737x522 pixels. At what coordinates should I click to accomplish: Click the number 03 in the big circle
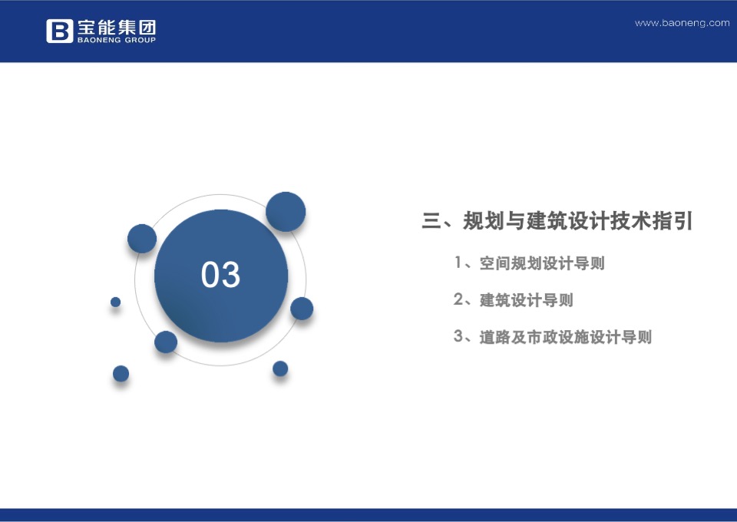[x=220, y=275]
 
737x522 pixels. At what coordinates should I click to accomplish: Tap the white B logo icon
[x=59, y=31]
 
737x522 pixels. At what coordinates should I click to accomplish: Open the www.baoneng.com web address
[x=682, y=23]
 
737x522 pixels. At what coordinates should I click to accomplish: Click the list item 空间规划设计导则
[x=542, y=263]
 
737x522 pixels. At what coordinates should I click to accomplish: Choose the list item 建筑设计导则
[x=527, y=300]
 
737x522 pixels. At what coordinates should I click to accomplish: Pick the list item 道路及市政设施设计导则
[x=565, y=337]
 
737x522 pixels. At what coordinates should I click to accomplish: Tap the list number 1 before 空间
[x=458, y=263]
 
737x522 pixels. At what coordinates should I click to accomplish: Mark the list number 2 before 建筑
[x=458, y=300]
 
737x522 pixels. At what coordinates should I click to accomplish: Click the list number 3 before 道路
[x=458, y=337]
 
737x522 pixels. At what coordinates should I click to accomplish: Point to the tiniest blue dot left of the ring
[x=116, y=302]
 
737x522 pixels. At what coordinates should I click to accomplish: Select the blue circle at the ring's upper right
[x=286, y=212]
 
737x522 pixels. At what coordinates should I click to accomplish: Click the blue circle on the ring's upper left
[x=142, y=239]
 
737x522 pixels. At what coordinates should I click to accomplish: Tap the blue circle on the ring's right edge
[x=302, y=309]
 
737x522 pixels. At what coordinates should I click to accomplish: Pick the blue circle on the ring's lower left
[x=166, y=342]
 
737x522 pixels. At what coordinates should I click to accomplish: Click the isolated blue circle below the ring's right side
[x=280, y=368]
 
